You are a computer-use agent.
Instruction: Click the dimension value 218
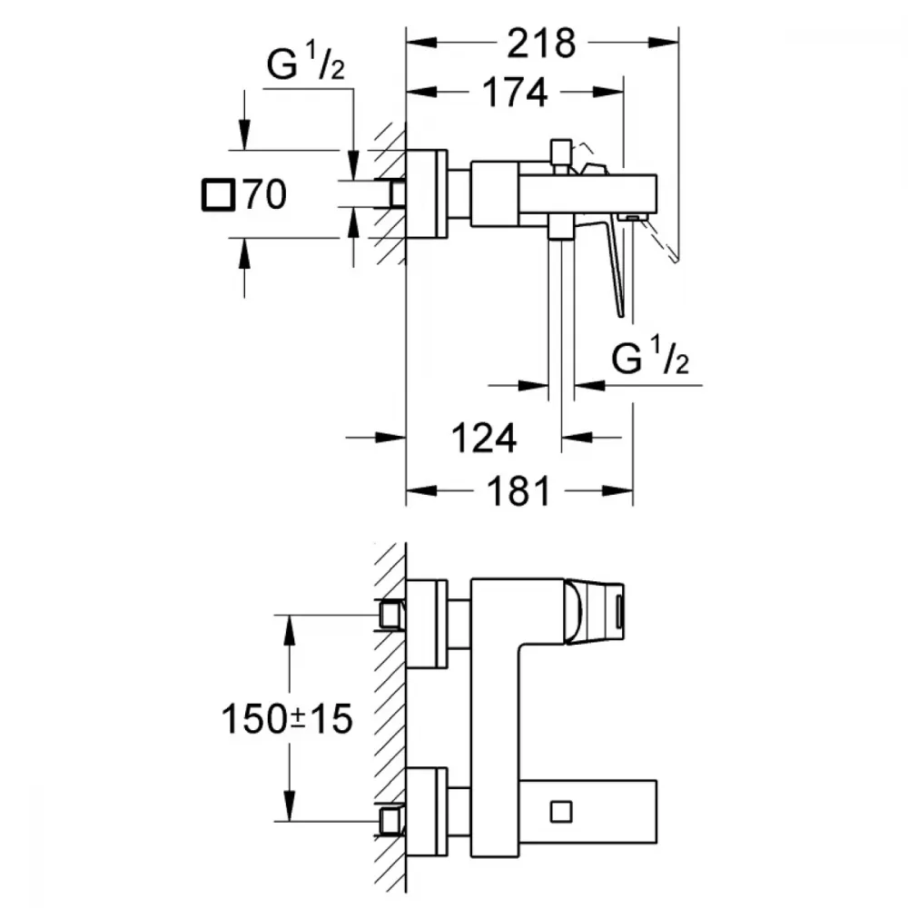click(x=541, y=44)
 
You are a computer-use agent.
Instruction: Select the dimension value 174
click(x=515, y=93)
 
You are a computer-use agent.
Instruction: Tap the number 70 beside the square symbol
click(x=264, y=194)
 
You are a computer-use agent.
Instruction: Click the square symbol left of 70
click(x=218, y=194)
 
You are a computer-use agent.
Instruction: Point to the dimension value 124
click(x=484, y=439)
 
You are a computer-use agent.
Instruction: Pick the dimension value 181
click(x=518, y=491)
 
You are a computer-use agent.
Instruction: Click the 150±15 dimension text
click(x=287, y=718)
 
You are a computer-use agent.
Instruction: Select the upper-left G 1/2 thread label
click(x=305, y=63)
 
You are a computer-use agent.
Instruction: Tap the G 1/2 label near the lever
click(x=650, y=356)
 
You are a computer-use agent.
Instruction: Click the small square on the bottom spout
click(x=561, y=812)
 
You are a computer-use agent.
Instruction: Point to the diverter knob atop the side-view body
click(x=561, y=152)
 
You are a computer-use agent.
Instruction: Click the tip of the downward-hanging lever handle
click(x=621, y=316)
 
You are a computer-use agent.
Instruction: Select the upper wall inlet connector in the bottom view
click(x=391, y=615)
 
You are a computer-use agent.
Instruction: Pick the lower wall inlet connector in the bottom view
click(x=391, y=819)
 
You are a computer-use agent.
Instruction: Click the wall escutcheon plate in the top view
click(x=427, y=194)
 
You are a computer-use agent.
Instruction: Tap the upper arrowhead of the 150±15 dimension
click(x=289, y=629)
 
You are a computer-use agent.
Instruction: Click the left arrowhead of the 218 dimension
click(x=421, y=43)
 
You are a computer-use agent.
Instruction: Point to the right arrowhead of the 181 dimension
click(x=617, y=491)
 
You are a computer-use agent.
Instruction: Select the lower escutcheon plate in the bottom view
click(x=427, y=812)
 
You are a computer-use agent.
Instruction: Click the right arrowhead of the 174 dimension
click(x=608, y=92)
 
